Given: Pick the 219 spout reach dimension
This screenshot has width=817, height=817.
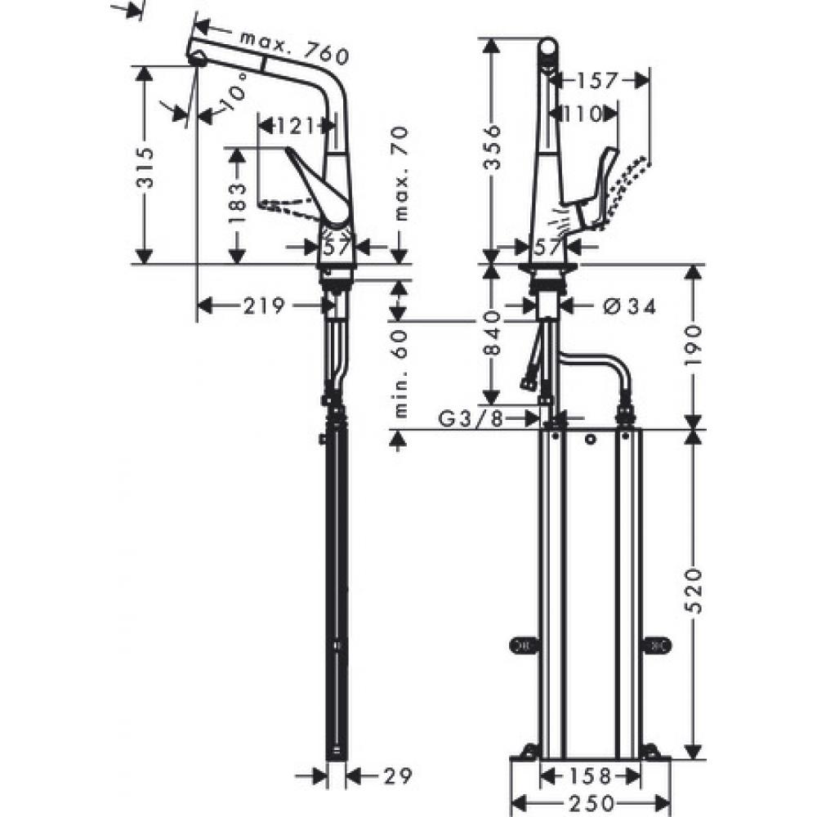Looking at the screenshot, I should click(x=264, y=306).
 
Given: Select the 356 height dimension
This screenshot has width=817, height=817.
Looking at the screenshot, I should click(x=490, y=148).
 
